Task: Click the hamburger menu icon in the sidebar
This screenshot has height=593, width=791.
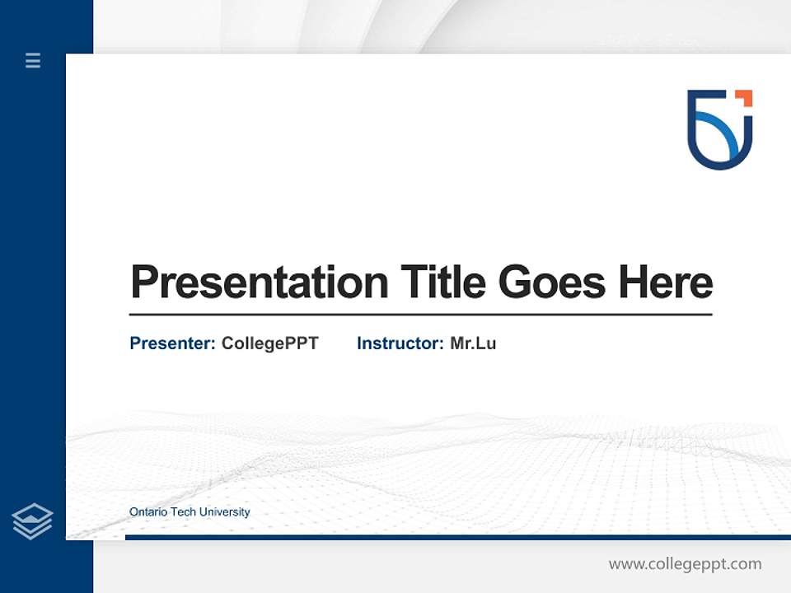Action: (33, 60)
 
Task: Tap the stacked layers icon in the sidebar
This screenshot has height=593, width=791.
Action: (32, 521)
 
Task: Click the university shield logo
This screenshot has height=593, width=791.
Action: (719, 129)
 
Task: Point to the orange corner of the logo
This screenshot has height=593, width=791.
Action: (745, 97)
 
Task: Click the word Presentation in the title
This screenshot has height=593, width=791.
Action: (259, 282)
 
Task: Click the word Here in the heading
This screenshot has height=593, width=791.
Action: (665, 282)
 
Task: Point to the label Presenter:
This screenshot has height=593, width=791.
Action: (173, 343)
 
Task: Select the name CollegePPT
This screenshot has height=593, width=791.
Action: (269, 343)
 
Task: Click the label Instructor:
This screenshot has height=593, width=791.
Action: (400, 343)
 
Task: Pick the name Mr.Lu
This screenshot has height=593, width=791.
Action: (473, 343)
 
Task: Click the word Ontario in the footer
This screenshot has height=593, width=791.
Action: (147, 512)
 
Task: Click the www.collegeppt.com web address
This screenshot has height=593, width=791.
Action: (685, 564)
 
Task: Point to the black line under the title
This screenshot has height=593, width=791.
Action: (420, 314)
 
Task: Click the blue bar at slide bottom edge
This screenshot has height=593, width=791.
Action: (457, 537)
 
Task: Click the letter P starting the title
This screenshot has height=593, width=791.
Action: (143, 282)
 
